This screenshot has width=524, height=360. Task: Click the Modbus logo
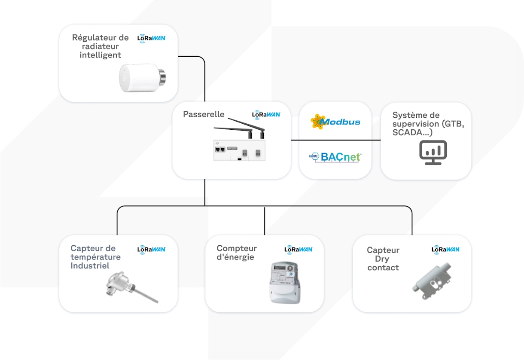(x=335, y=122)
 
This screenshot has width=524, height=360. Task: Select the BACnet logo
(x=335, y=157)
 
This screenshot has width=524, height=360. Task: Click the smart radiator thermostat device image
(x=142, y=78)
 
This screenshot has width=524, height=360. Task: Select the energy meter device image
(x=284, y=283)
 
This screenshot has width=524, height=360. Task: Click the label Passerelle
(x=204, y=115)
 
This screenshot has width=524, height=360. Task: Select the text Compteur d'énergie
(x=237, y=253)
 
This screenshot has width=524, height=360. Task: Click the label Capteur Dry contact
(x=383, y=259)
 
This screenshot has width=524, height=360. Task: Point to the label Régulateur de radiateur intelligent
(x=101, y=46)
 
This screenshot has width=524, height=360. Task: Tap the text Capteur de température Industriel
(x=95, y=257)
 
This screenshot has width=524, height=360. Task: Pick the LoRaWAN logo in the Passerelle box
(x=266, y=115)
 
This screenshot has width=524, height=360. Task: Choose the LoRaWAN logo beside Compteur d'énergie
(x=299, y=249)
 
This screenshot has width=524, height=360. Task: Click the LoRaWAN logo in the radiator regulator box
(x=151, y=38)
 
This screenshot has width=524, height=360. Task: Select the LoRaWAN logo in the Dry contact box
(x=445, y=249)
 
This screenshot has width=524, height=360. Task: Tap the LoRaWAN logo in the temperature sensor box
(x=151, y=249)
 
